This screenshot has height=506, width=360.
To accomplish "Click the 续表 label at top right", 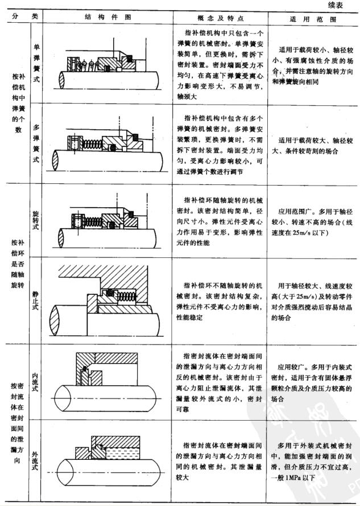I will coord(338,5).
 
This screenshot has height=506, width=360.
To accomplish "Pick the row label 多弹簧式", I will coord(37,143).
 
